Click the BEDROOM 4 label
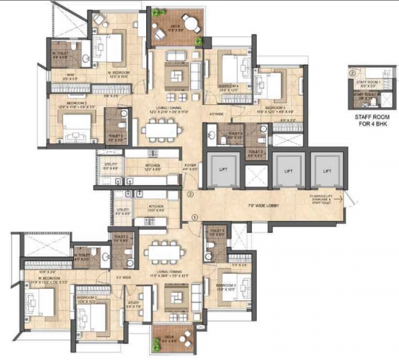point(229,87)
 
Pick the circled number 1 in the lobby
point(194,217)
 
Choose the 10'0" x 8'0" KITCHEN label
point(156,209)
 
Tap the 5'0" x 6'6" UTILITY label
point(110,169)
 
